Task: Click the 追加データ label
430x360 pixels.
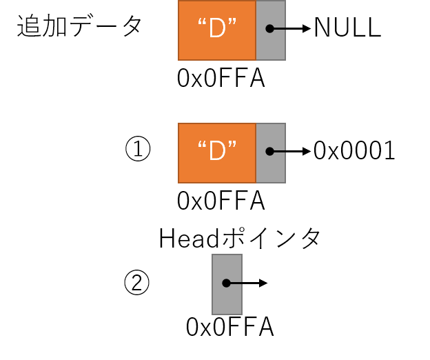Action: pos(79,26)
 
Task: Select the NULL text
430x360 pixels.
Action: pos(348,28)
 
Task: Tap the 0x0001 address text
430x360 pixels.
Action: pos(354,150)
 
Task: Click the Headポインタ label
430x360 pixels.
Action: pos(239,238)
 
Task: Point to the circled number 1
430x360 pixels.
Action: pos(138,148)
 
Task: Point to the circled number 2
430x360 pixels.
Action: pos(137,282)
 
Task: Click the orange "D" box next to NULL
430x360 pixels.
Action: pos(217,30)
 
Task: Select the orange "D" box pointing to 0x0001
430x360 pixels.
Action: pos(217,153)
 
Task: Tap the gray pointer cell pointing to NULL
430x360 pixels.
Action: pos(271,30)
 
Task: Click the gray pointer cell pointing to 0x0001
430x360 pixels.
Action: pos(271,153)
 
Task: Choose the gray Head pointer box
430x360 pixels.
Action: pos(227,284)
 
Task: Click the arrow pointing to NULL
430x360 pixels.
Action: pos(290,28)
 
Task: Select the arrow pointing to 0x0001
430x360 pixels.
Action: pos(290,151)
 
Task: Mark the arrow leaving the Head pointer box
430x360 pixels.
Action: pos(247,283)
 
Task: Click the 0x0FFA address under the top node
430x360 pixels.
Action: pos(221,78)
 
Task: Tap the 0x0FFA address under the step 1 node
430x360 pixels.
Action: pos(221,201)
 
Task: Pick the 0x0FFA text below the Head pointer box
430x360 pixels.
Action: pos(229,326)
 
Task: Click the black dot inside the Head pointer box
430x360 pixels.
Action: pos(226,283)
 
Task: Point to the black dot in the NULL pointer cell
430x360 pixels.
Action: pos(270,28)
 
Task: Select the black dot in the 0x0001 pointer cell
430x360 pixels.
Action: pos(270,151)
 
